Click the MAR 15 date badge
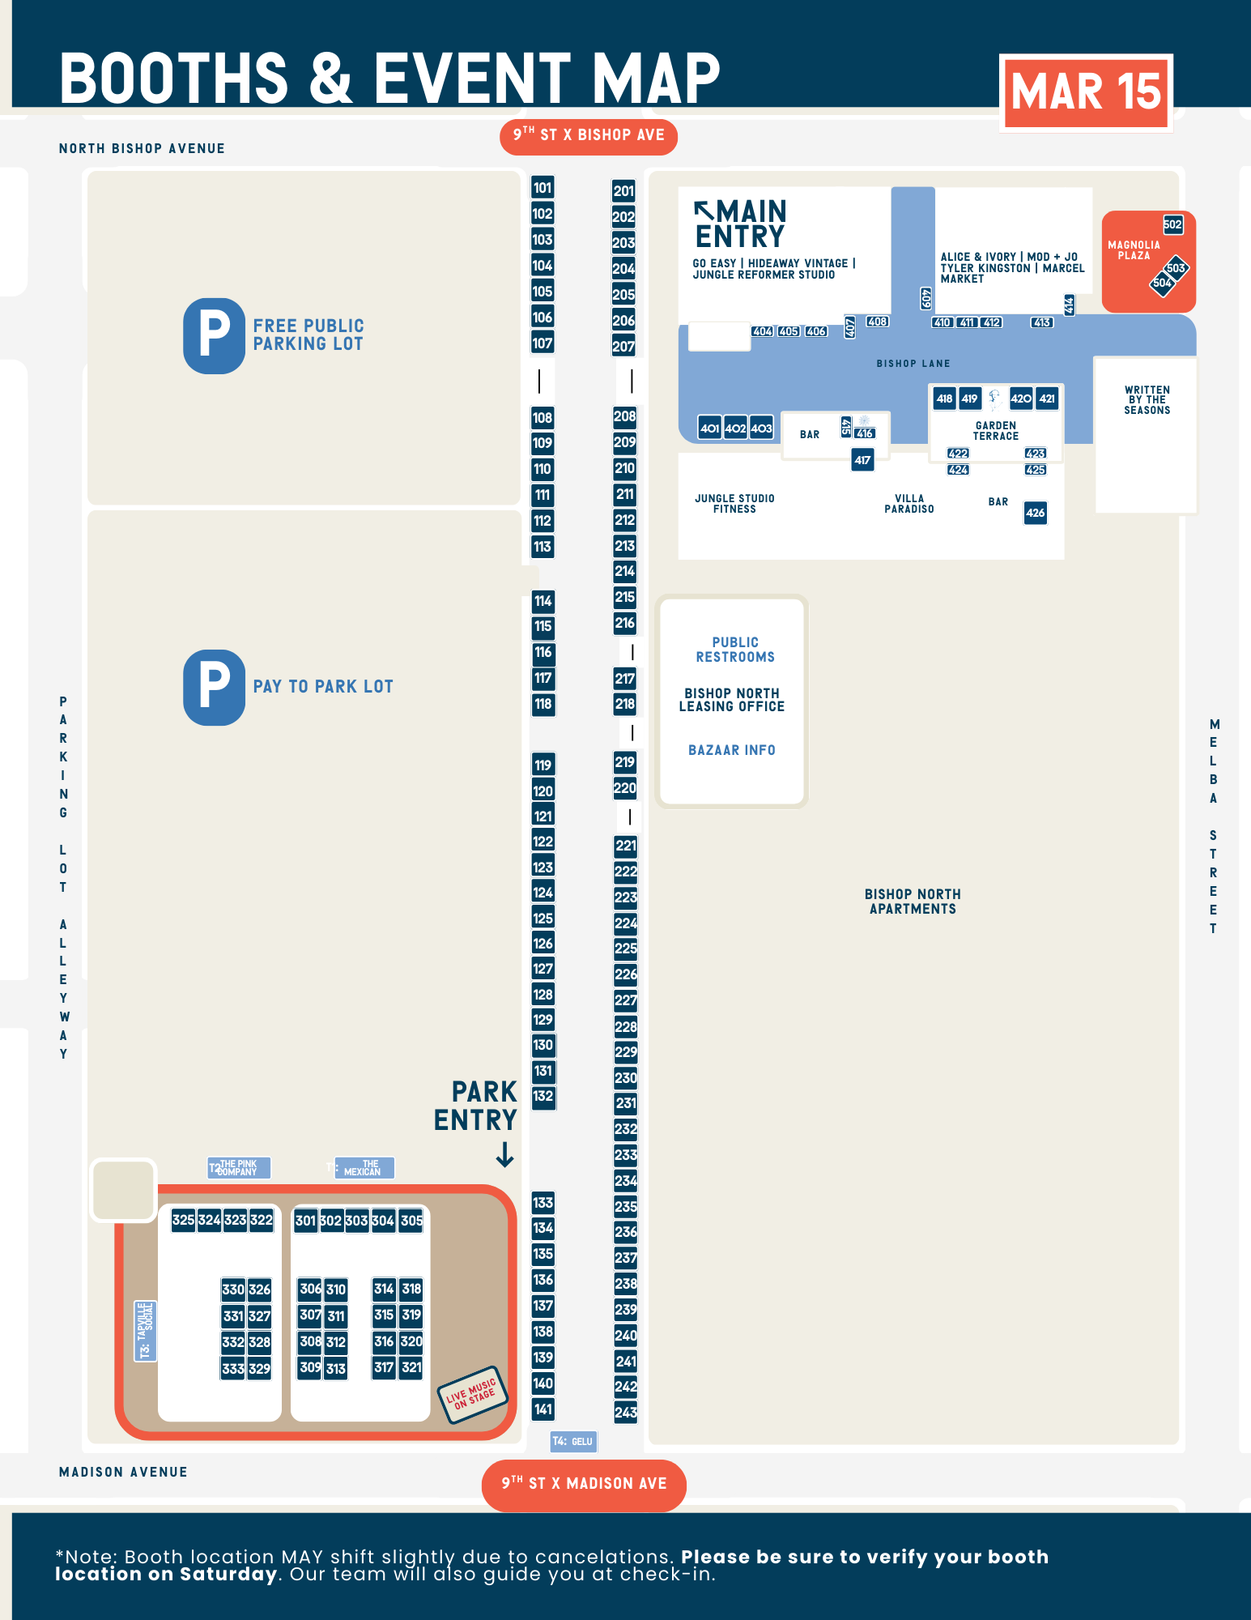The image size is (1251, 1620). coord(1086,92)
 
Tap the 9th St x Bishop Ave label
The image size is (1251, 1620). coord(589,135)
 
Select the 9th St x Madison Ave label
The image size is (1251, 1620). coord(584,1484)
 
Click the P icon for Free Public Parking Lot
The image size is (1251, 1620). coord(214,335)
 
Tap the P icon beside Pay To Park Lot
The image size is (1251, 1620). coord(214,687)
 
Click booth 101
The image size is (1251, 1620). coord(543,188)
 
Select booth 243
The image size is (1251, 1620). coord(626,1412)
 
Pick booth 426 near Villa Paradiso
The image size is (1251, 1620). coord(1035,513)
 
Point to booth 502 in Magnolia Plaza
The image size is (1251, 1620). coord(1172,224)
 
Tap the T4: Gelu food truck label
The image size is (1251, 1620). coord(572,1441)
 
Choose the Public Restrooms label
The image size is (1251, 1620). coord(735,650)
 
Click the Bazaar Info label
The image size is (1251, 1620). coord(732,750)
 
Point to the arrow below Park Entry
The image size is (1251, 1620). coord(504,1154)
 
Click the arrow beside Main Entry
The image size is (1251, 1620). coord(704,211)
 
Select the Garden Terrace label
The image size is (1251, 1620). coord(996,431)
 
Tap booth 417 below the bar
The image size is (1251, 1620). coord(862,460)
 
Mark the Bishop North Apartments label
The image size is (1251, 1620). coord(913,902)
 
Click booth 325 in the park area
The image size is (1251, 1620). coord(183,1220)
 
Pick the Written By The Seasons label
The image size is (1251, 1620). coord(1147,400)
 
